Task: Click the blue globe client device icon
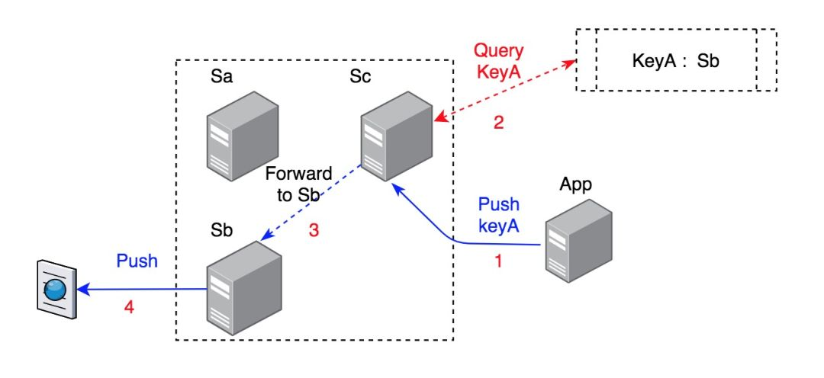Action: [56, 290]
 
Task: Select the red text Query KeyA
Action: [498, 61]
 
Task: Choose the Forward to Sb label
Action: [298, 184]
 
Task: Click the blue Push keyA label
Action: [498, 215]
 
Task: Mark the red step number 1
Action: [499, 261]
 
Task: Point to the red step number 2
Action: [499, 123]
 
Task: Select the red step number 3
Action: [313, 231]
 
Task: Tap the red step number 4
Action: [130, 308]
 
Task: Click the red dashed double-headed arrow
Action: [504, 91]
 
